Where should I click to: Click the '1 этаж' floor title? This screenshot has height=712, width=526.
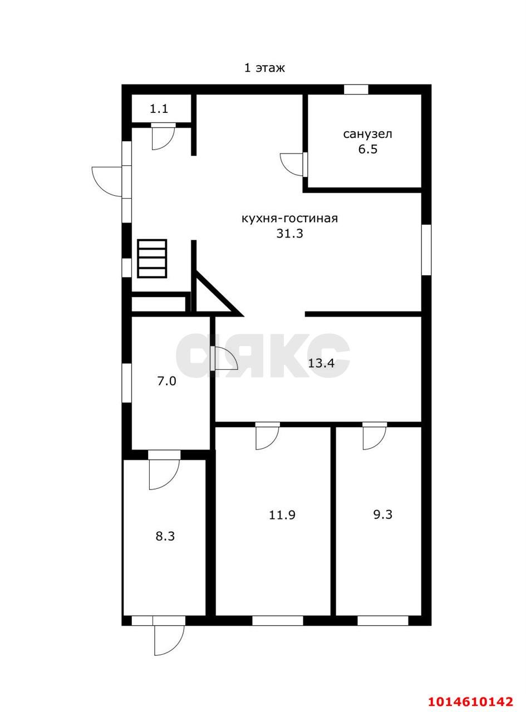pos(264,68)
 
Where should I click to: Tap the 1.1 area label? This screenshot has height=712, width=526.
pos(159,109)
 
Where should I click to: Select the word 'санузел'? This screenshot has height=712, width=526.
pos(367,134)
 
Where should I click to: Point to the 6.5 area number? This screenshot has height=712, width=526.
pos(367,150)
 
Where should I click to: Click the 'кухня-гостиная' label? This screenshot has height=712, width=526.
pos(289,219)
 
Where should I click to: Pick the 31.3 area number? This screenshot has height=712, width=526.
pos(289,234)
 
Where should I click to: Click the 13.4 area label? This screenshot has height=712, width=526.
pos(321,363)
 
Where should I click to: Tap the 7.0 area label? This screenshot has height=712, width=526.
pos(167,382)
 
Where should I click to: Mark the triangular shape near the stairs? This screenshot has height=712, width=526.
pos(216,294)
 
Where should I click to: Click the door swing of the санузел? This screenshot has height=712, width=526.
pos(292,164)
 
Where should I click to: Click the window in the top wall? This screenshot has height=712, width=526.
pos(356,89)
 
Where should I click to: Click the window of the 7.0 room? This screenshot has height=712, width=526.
pos(126,383)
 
